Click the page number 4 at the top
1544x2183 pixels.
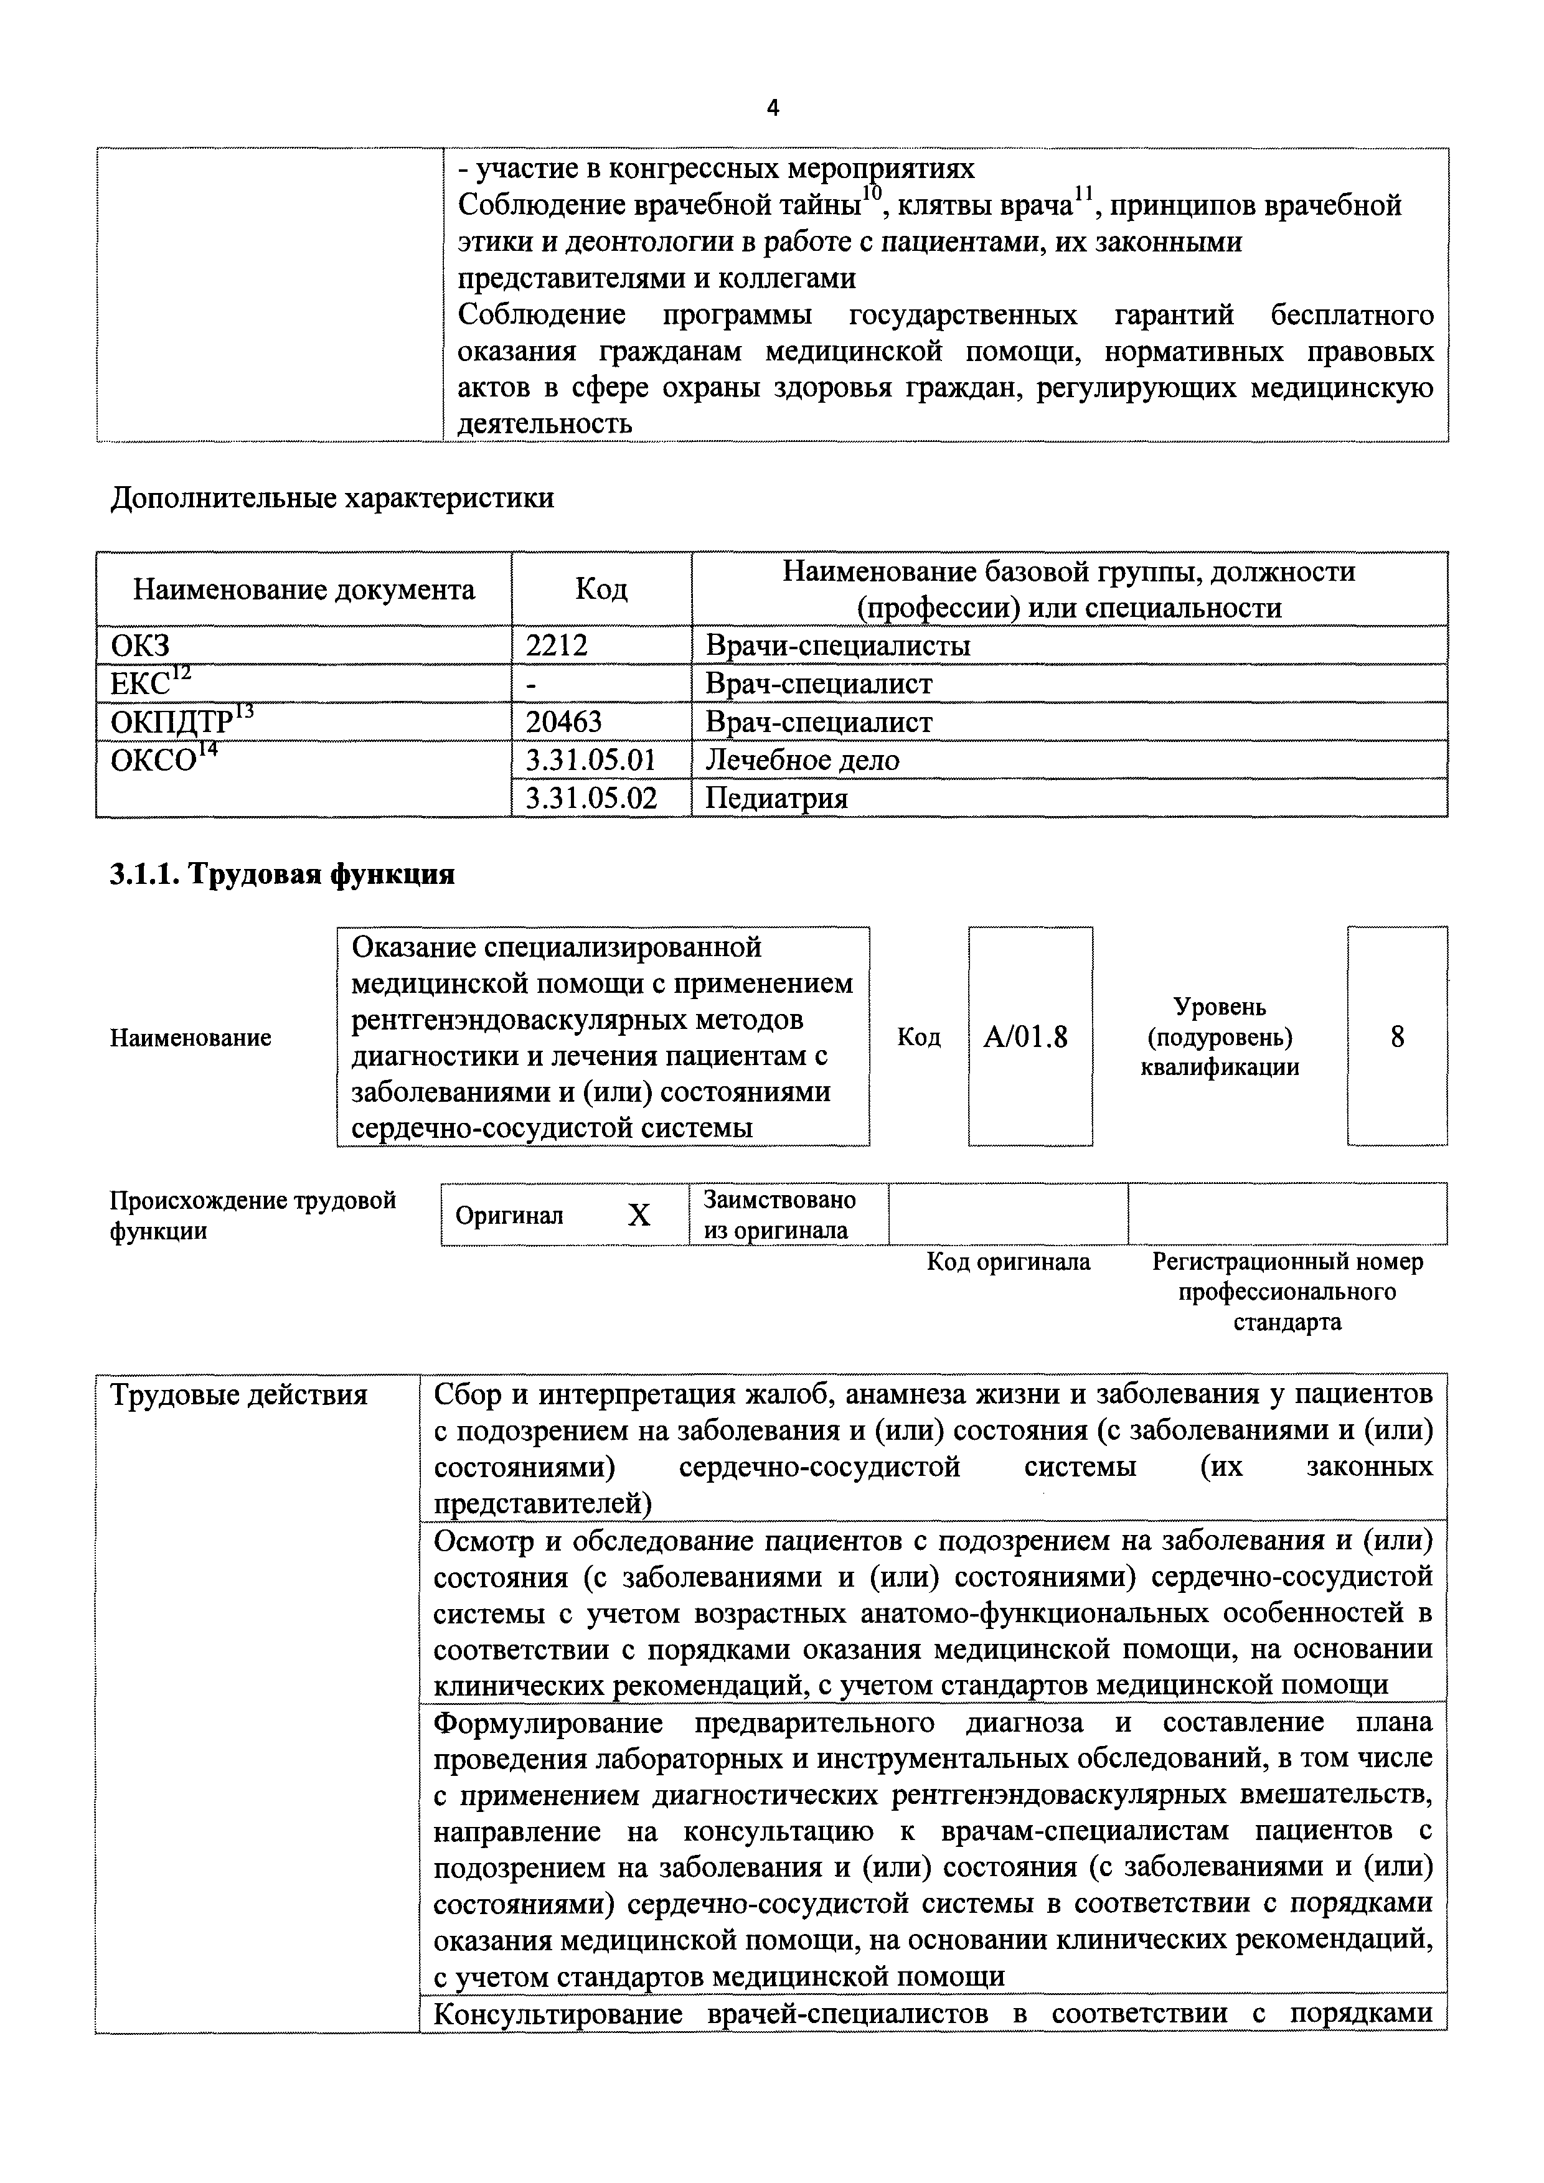tap(772, 108)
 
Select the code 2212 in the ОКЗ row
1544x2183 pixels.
tap(556, 646)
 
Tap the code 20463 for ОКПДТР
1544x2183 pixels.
tap(564, 721)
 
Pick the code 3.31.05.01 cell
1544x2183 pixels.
tap(591, 759)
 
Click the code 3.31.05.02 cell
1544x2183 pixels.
tap(591, 798)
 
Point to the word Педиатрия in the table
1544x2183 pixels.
tap(776, 798)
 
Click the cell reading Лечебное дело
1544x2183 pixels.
tap(803, 759)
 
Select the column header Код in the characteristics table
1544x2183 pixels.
tap(601, 589)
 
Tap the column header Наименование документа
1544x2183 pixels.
tap(303, 589)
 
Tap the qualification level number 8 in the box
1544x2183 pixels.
tap(1396, 1036)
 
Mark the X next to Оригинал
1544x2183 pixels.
tap(639, 1215)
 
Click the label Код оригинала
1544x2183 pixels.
tap(1008, 1262)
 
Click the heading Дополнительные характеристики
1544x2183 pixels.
tap(332, 497)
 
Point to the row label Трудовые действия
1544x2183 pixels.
tap(238, 1395)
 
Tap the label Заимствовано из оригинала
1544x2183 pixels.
tap(779, 1214)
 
